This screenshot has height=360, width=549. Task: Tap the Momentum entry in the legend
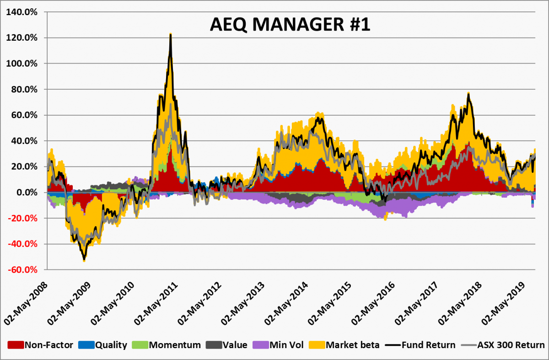[x=174, y=345]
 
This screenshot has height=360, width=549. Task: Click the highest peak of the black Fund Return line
[x=170, y=35]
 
